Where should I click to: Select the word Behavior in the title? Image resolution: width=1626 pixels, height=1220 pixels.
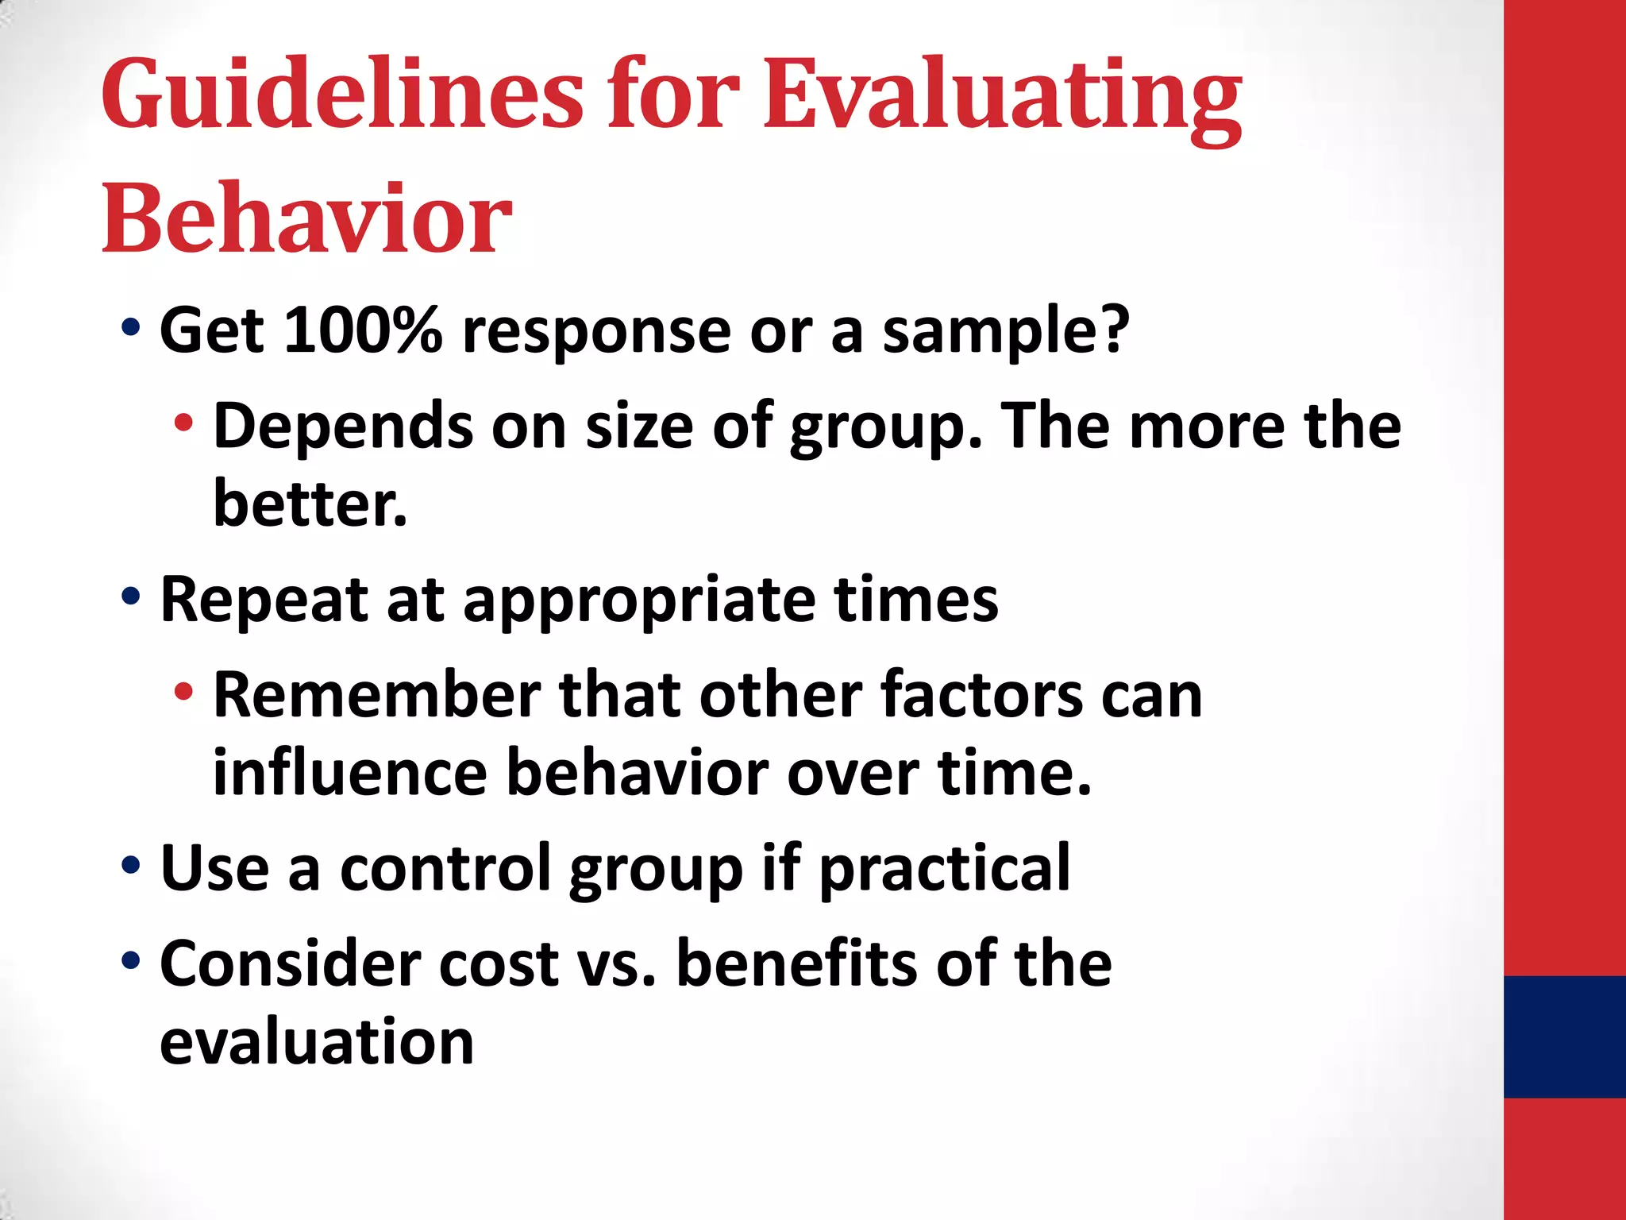[306, 218]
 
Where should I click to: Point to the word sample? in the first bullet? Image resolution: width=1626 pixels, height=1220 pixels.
[1006, 332]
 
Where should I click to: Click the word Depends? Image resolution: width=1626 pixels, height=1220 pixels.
[343, 427]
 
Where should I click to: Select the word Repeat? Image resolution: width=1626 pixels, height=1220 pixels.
[263, 600]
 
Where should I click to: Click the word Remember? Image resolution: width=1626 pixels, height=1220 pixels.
[377, 695]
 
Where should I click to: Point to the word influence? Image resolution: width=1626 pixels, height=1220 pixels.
[349, 772]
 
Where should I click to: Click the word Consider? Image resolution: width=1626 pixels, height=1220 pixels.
[290, 963]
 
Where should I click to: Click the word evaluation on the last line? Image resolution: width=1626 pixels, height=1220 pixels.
[317, 1041]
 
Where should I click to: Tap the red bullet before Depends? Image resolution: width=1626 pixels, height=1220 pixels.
[183, 423]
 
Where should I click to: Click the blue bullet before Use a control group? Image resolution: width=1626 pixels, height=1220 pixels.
[131, 864]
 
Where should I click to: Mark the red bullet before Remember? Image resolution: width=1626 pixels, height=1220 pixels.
[183, 691]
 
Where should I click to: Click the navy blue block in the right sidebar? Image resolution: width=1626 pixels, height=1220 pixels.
[1564, 1037]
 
